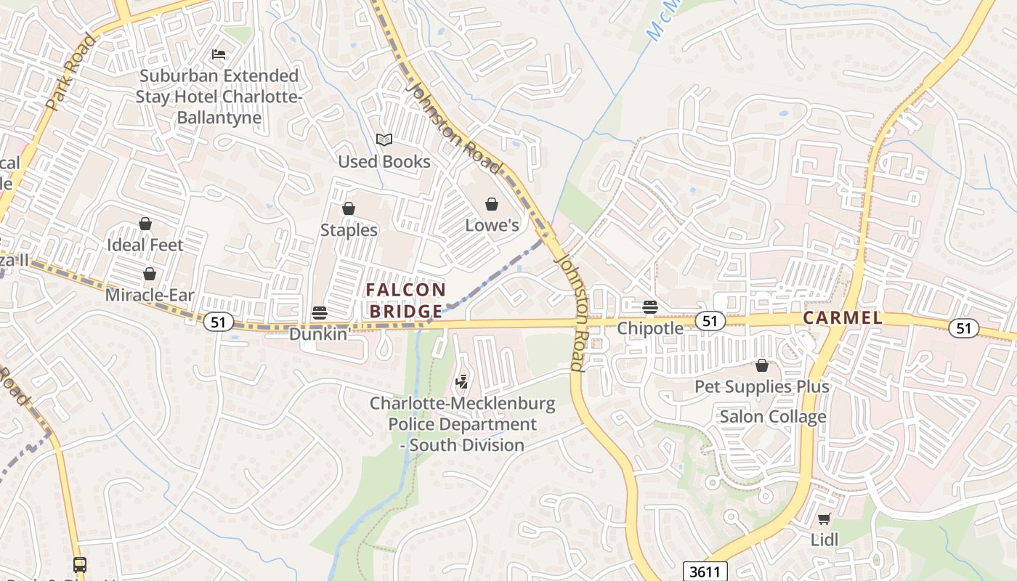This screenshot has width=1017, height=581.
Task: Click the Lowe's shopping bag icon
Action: coord(492,204)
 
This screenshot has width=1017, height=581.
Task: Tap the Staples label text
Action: coord(349,230)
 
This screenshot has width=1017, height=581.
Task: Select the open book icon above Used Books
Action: coord(384,139)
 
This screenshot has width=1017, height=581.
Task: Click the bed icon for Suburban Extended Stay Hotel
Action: coord(219,54)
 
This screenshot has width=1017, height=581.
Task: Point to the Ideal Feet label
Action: coord(145,245)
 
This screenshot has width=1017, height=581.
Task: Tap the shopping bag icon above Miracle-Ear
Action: coord(149,274)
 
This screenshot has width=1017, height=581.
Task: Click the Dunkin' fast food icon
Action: coord(319,313)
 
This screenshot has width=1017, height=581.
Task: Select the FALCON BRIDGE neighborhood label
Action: coord(406,300)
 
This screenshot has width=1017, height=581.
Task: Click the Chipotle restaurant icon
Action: coord(650,307)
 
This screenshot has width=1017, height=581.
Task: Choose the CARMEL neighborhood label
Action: coord(843,318)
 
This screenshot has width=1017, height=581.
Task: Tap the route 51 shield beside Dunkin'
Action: coord(218,322)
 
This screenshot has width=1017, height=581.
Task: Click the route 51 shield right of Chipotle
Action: coord(710,321)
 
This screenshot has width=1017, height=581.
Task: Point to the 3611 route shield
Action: coord(705,571)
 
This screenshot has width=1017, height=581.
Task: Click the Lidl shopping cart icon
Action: coord(824,519)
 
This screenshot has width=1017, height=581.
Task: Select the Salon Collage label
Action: coord(772,417)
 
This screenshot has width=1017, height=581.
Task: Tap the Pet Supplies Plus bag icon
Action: coord(761,365)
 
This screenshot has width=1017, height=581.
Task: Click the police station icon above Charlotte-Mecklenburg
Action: coord(461,381)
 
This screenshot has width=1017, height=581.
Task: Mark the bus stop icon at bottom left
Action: coord(80,564)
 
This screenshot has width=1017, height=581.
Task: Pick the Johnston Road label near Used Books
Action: coord(454,129)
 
